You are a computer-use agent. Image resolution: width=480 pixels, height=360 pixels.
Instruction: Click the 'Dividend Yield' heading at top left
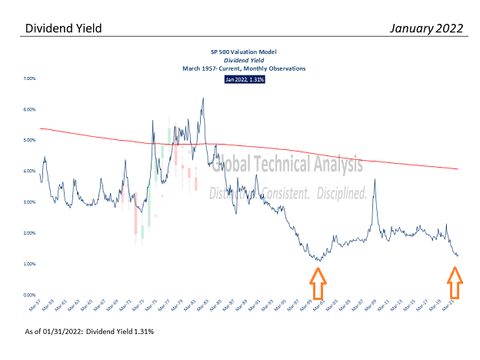click(63, 28)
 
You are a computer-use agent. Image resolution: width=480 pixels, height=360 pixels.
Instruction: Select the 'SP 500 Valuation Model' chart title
click(243, 51)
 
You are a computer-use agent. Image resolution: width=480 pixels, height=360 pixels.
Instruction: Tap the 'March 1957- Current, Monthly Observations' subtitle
click(243, 68)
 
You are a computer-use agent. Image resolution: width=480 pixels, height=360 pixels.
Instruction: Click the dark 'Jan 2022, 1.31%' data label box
click(244, 79)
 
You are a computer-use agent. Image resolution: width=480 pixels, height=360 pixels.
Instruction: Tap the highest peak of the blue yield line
click(202, 98)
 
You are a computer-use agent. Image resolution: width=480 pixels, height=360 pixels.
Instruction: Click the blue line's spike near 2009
click(375, 180)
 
